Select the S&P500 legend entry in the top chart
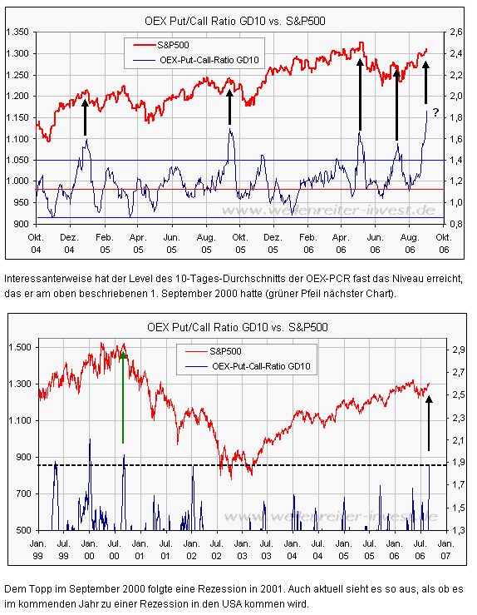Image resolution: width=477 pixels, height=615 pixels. point(177,43)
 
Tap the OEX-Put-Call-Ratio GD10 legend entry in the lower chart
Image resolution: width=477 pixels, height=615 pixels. point(258,366)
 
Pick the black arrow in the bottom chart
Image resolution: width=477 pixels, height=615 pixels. point(429,424)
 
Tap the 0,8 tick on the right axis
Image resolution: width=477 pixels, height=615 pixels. point(455,224)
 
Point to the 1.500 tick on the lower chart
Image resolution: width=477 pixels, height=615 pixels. point(21,346)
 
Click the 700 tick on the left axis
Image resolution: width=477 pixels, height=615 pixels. point(24,493)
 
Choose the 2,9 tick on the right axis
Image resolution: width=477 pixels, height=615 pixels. point(456,351)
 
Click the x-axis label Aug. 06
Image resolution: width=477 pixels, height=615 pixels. point(411,242)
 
